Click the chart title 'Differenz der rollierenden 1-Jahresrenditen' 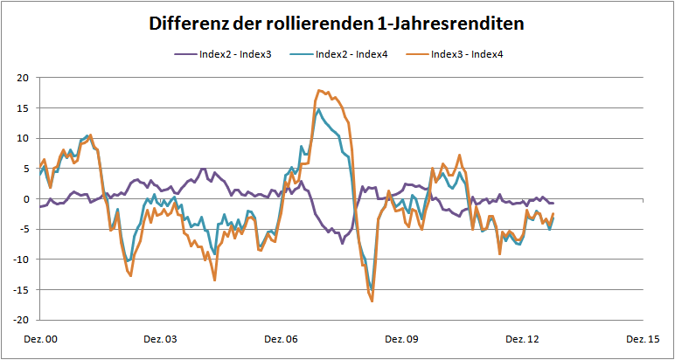(x=337, y=24)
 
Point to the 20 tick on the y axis (x=24, y=78)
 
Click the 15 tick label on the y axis (x=24, y=108)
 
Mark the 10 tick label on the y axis (x=24, y=138)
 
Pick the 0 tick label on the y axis (x=26, y=199)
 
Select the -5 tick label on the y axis (x=24, y=229)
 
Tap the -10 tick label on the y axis (x=22, y=260)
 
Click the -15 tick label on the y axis (x=22, y=289)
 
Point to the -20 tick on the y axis (x=22, y=320)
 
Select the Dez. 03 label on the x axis (x=160, y=339)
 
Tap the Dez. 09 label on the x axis (x=403, y=339)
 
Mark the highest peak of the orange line (x=319, y=90)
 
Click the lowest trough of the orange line (x=372, y=301)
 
